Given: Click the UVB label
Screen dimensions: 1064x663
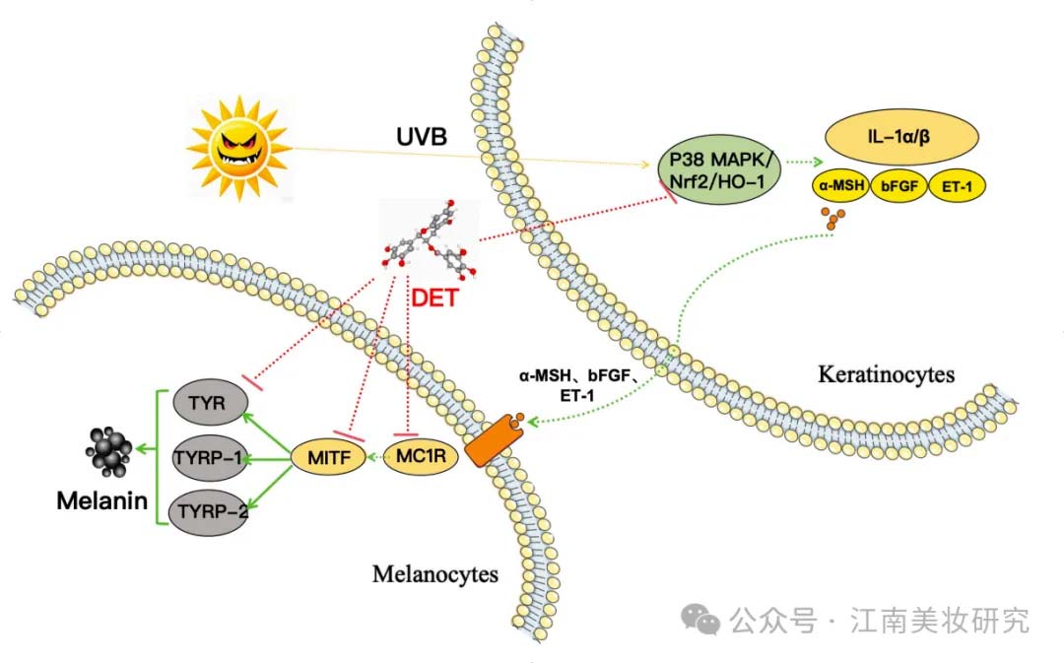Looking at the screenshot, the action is [422, 136].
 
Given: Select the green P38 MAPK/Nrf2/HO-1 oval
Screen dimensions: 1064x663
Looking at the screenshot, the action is [719, 169].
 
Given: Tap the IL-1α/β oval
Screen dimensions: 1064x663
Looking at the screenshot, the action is [901, 136].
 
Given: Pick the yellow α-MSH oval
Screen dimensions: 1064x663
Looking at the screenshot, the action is [841, 184].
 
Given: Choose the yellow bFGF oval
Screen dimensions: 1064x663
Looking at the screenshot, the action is [899, 185].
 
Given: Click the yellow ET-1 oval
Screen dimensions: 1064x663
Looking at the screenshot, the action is [957, 185].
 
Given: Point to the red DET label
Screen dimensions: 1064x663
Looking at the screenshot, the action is [435, 298].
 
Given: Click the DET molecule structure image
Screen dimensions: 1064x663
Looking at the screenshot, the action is [429, 239].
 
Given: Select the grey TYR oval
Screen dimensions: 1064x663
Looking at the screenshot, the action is [208, 402].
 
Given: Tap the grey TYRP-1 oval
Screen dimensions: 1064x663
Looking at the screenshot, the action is [208, 458].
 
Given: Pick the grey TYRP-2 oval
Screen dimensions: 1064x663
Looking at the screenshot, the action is [210, 511].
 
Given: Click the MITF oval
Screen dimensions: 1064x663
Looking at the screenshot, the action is [329, 457].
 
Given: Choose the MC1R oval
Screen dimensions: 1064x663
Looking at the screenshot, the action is [421, 455].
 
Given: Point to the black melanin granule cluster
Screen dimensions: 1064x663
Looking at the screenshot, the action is [108, 450].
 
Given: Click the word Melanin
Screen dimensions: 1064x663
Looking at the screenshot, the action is [101, 500].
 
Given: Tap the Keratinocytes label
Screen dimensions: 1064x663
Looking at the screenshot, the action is [887, 374].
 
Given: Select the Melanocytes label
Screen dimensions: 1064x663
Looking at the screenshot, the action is [435, 574].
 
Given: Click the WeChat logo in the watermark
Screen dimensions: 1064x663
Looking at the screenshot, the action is [700, 619].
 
